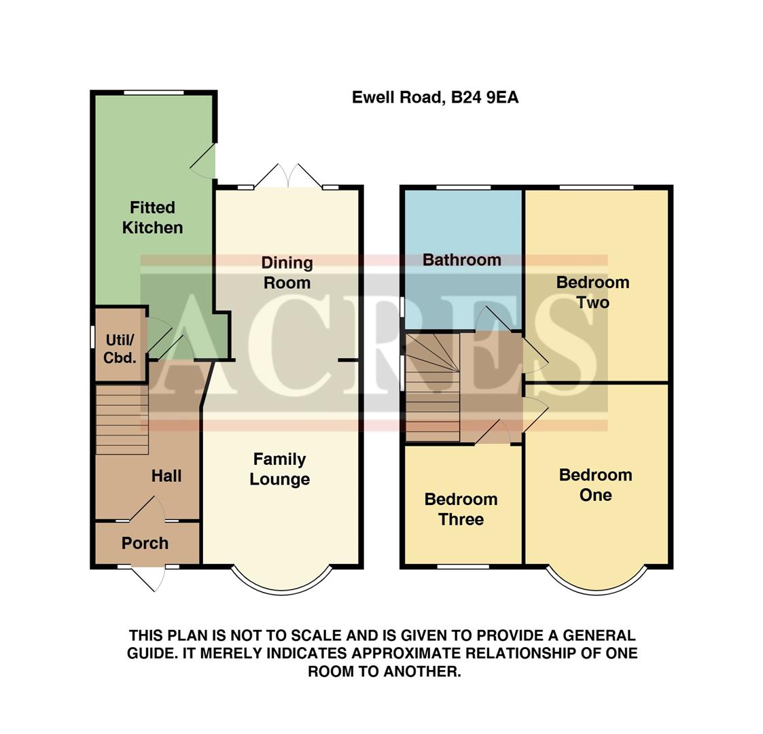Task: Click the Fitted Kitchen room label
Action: [x=152, y=217]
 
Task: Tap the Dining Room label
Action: [x=287, y=273]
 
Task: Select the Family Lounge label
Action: [x=279, y=469]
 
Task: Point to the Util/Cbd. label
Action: [x=120, y=348]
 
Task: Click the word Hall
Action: [x=166, y=476]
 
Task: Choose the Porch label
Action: [x=145, y=543]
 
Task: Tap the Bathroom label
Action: [x=462, y=260]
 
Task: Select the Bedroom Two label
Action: [x=592, y=292]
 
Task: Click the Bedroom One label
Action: [x=595, y=485]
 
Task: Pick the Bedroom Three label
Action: [x=461, y=509]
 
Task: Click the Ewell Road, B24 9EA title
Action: [x=435, y=98]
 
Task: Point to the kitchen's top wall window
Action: [x=154, y=92]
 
